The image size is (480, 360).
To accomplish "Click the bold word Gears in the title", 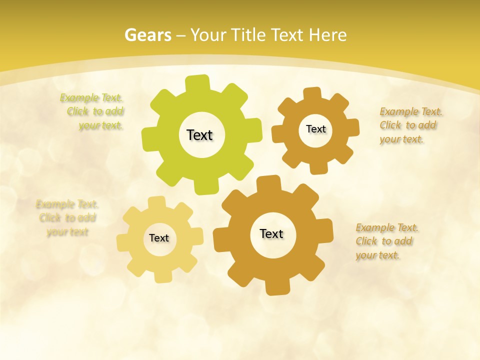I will [x=147, y=35].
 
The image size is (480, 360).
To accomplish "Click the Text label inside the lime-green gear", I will [x=199, y=135].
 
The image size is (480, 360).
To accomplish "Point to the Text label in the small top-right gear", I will [x=315, y=129].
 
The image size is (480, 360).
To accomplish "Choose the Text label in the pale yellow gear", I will [x=159, y=238].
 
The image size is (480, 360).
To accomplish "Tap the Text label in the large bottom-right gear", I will [x=271, y=233].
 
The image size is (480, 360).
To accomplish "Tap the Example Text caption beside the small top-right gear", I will [x=410, y=125].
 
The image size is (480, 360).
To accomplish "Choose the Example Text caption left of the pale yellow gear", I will [x=67, y=218].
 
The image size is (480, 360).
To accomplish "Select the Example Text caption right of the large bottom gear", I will [x=386, y=241].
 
